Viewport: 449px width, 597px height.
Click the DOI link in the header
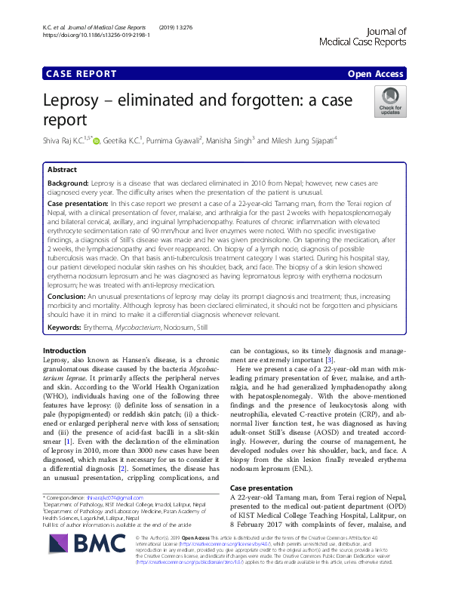[86, 35]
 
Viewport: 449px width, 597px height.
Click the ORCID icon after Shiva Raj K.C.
[96, 140]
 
